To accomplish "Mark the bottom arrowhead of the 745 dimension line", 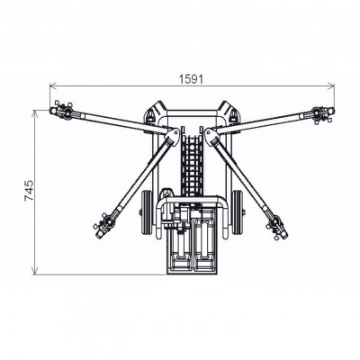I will click(37, 272).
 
